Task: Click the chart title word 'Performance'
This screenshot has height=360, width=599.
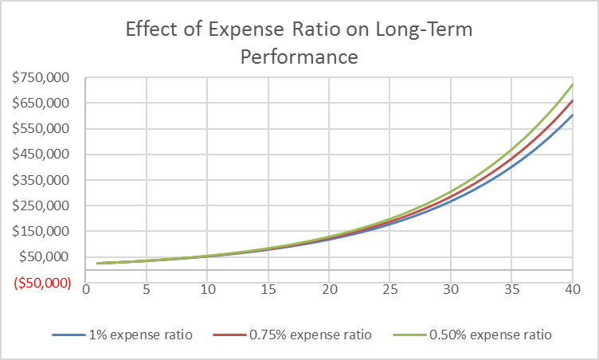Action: click(x=299, y=57)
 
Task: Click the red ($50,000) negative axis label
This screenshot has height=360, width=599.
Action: click(x=42, y=283)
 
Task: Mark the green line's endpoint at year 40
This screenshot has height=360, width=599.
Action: click(x=572, y=85)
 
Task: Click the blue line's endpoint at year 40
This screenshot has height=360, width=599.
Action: click(x=572, y=115)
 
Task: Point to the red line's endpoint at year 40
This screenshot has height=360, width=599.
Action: click(x=572, y=101)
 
